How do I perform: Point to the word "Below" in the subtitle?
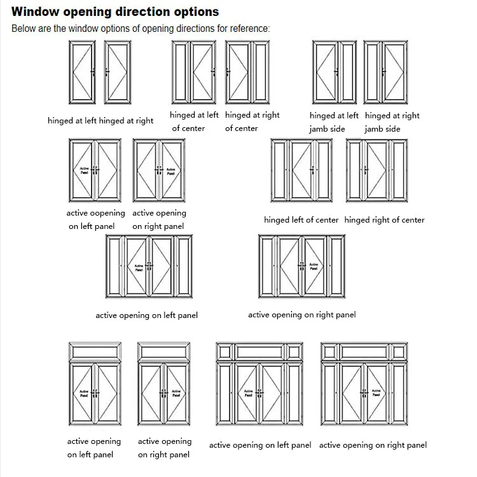tap(24, 29)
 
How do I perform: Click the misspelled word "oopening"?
tap(104, 214)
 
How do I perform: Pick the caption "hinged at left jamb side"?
tap(334, 122)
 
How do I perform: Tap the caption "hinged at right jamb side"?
tap(392, 122)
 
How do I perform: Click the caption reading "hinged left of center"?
tap(301, 220)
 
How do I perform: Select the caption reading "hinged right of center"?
tap(385, 220)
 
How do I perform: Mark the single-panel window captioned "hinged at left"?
tap(82, 73)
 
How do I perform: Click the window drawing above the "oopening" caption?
tap(93, 170)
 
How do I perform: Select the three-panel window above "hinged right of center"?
tap(377, 170)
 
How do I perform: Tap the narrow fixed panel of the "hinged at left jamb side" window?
tap(348, 73)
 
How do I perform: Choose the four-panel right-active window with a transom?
tap(363, 387)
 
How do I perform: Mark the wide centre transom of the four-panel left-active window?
tap(260, 351)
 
